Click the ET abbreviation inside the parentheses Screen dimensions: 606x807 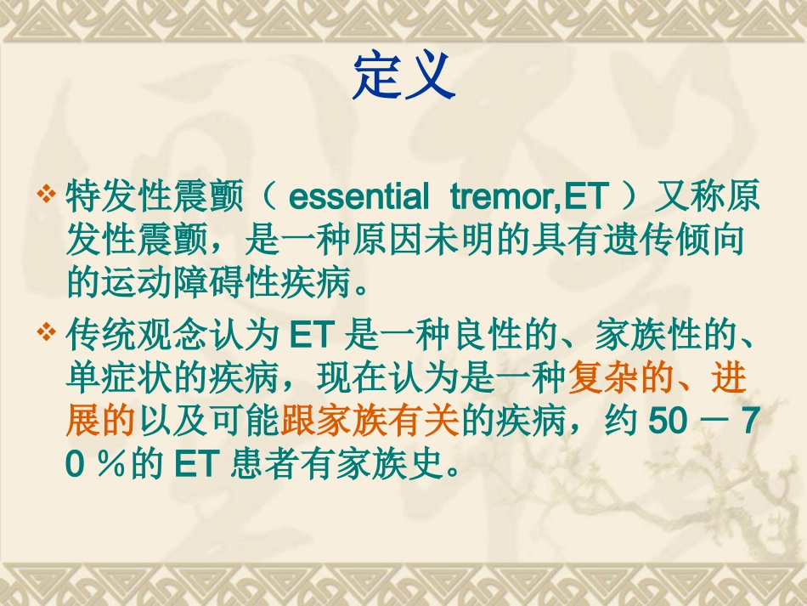coord(587,197)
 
